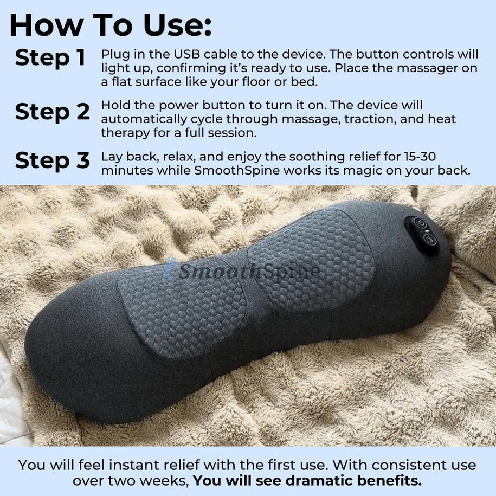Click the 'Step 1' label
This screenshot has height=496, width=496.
50,59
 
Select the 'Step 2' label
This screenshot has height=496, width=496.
52,112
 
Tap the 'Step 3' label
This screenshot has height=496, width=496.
52,161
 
